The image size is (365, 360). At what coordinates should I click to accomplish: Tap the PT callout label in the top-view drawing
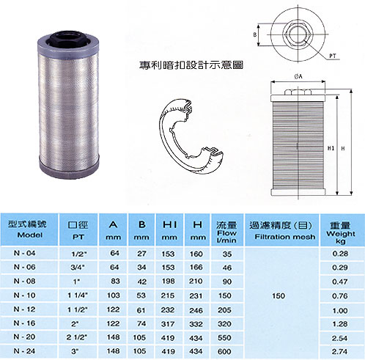click(x=333, y=56)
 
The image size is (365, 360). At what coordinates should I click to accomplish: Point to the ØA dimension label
click(x=298, y=77)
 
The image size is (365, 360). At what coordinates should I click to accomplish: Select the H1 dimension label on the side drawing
click(x=331, y=148)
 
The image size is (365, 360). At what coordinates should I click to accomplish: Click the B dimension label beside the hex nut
click(x=255, y=34)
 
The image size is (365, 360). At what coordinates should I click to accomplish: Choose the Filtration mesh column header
click(x=284, y=237)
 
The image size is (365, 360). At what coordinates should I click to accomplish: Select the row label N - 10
click(x=24, y=295)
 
